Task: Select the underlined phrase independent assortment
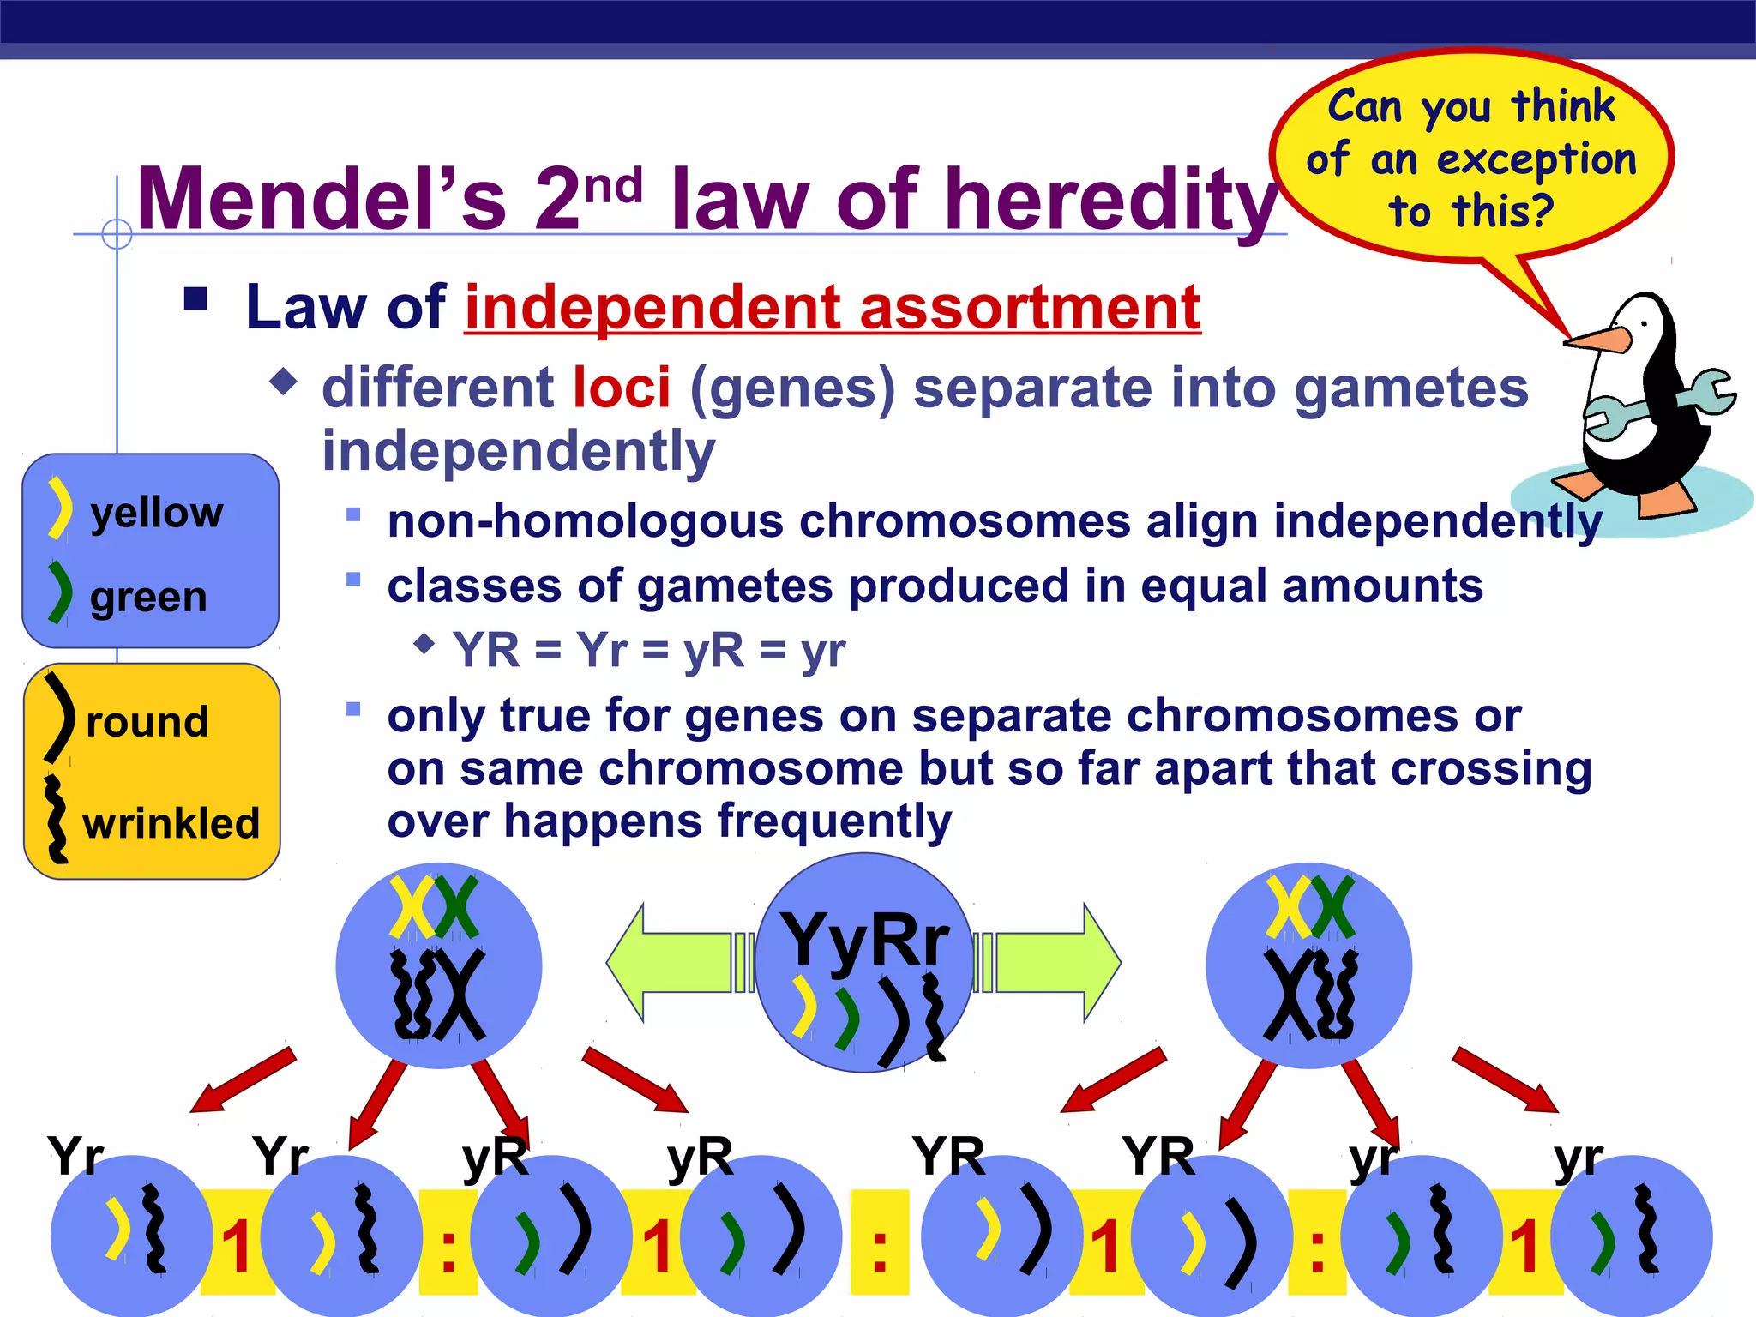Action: point(832,307)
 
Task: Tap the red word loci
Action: point(622,388)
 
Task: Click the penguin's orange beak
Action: point(1597,340)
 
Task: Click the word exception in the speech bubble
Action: point(1536,160)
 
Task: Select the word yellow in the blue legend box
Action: point(157,513)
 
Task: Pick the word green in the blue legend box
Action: point(148,597)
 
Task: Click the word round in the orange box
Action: point(147,722)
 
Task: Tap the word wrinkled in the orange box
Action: point(171,823)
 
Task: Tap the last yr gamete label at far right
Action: point(1578,1158)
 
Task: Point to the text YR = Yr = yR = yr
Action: point(649,650)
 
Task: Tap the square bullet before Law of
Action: point(196,298)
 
